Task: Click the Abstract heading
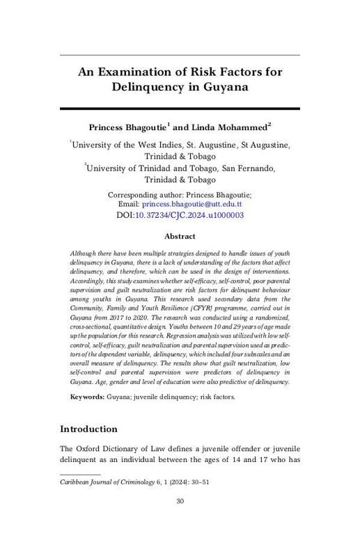click(180, 237)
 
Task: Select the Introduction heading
click(88, 428)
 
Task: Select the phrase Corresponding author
click(144, 194)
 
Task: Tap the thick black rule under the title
click(180, 108)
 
